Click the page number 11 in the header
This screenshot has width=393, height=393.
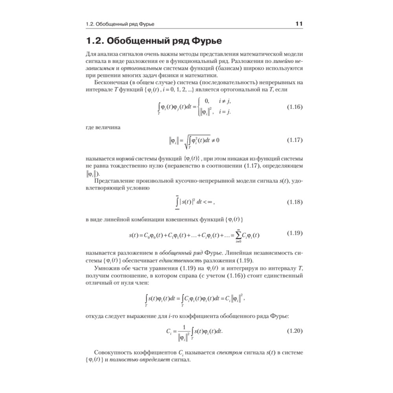(298, 24)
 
